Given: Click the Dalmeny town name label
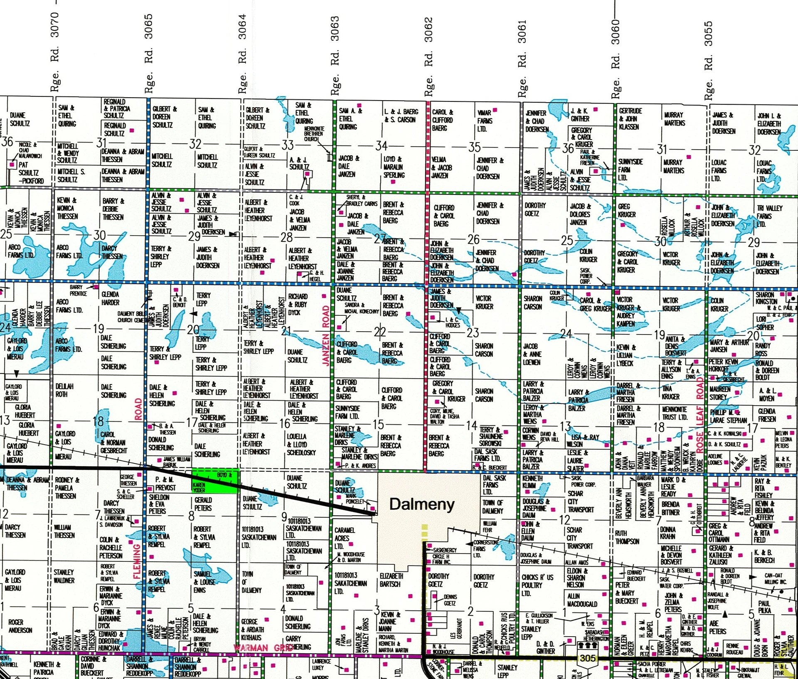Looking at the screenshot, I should [x=421, y=504].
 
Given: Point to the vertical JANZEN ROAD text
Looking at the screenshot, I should [x=326, y=336].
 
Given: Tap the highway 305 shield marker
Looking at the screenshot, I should [x=588, y=658].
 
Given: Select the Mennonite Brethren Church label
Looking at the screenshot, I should [x=314, y=134].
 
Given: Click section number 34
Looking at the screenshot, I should [x=381, y=145].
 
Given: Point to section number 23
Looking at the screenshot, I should [x=473, y=332].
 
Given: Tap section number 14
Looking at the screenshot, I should [x=471, y=426].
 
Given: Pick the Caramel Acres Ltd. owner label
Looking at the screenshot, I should [x=345, y=538].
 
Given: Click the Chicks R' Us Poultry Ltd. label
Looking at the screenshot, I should [x=532, y=585].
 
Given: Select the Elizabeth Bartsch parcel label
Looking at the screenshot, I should [x=391, y=580].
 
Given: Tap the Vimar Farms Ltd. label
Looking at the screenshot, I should [x=485, y=121].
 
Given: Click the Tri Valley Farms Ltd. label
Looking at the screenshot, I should [x=769, y=216].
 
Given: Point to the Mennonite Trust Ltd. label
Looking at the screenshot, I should [x=675, y=413].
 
